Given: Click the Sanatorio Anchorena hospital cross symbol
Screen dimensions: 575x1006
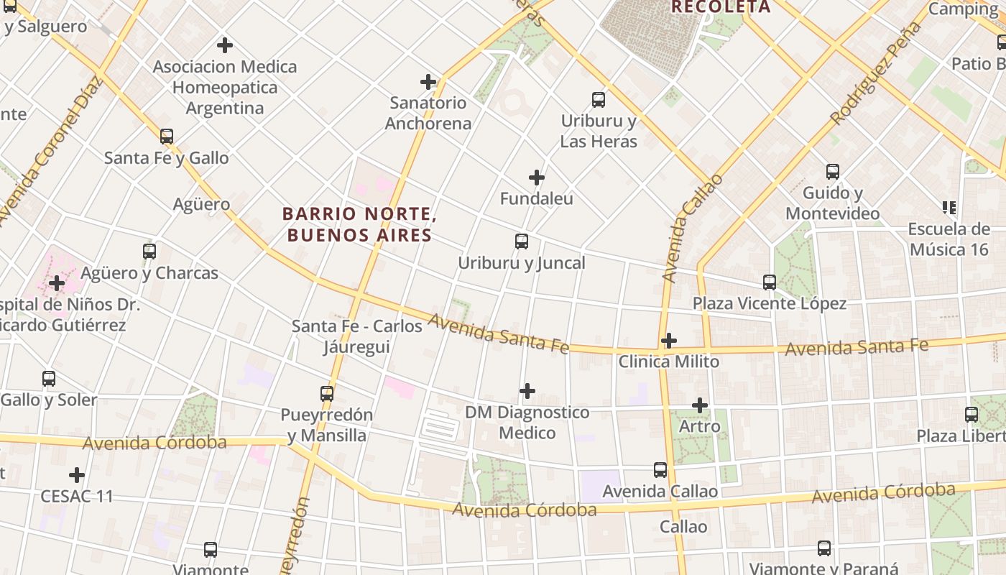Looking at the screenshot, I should tap(428, 82).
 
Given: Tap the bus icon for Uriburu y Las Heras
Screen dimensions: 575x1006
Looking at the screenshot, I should tap(598, 100).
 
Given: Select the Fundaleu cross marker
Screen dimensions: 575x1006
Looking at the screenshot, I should tap(536, 178).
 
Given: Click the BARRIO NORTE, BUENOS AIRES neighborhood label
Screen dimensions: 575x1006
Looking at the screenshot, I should tap(359, 224).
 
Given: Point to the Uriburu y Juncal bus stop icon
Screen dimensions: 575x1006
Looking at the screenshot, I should tap(522, 241).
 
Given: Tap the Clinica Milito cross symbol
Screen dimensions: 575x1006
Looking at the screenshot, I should tap(669, 341).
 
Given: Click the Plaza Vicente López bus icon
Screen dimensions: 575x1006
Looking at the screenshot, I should tap(770, 282).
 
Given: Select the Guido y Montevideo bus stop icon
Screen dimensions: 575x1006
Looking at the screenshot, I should tap(832, 172).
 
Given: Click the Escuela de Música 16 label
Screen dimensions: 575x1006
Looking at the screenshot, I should tap(949, 239).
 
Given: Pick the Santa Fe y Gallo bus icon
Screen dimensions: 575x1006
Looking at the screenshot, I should tap(167, 137).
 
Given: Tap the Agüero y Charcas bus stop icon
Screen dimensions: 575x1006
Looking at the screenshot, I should tap(149, 252).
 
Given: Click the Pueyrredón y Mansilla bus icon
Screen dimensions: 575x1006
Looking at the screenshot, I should tap(327, 394).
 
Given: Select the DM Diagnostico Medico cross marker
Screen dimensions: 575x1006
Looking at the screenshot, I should tap(527, 391).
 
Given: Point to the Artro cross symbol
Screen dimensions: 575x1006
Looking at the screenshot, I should tap(700, 405).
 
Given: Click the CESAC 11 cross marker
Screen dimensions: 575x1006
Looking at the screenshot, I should tap(77, 475).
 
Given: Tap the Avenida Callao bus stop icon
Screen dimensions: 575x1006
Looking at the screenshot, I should tap(660, 470).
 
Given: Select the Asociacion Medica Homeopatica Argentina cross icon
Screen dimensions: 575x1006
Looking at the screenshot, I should tap(225, 45).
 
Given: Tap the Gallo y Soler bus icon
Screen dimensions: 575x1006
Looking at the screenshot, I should tap(49, 379).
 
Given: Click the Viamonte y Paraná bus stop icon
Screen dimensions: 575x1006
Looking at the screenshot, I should tap(824, 548).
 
